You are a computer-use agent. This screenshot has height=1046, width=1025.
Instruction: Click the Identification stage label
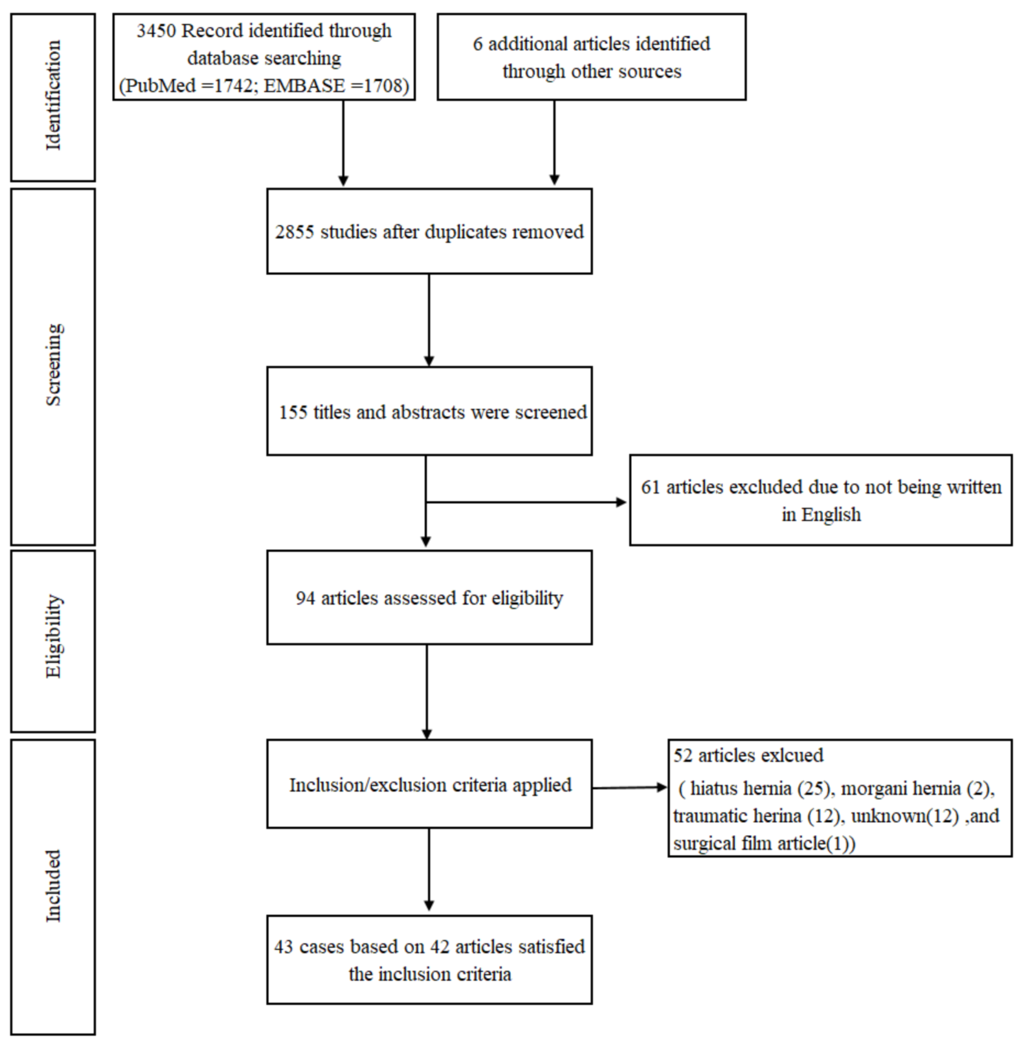point(53,96)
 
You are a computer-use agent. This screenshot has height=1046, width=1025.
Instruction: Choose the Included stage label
point(53,886)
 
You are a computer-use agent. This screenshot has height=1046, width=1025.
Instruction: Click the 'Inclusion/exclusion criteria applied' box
point(429,785)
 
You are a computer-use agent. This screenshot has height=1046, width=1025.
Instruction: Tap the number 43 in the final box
point(283,946)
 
